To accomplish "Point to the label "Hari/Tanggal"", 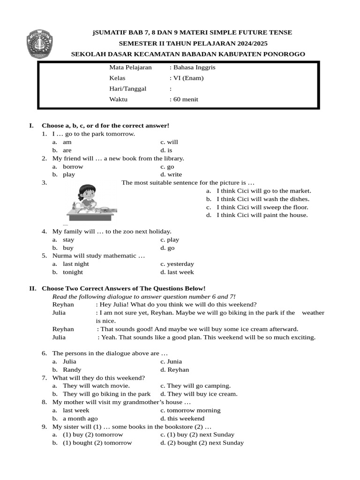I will click(x=127, y=89).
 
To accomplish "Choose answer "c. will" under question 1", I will click(x=169, y=142).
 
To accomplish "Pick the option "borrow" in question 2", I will click(x=73, y=166).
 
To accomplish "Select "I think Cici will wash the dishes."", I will click(x=262, y=199).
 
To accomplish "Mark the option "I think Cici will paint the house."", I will click(x=262, y=215).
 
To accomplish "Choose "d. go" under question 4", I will click(x=167, y=248).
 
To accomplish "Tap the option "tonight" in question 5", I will click(x=73, y=272).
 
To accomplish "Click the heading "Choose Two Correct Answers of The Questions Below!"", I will click(x=123, y=288).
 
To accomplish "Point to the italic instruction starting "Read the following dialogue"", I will click(x=144, y=296).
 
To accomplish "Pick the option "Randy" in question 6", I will click(x=72, y=370).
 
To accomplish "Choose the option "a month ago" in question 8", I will click(x=80, y=419).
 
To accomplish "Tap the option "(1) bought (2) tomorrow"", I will click(x=97, y=443).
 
